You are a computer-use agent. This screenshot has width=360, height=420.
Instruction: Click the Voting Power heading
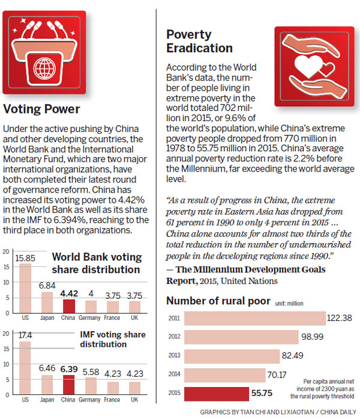coord(41,109)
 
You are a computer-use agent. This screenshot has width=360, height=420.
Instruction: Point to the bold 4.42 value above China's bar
coord(70,294)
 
